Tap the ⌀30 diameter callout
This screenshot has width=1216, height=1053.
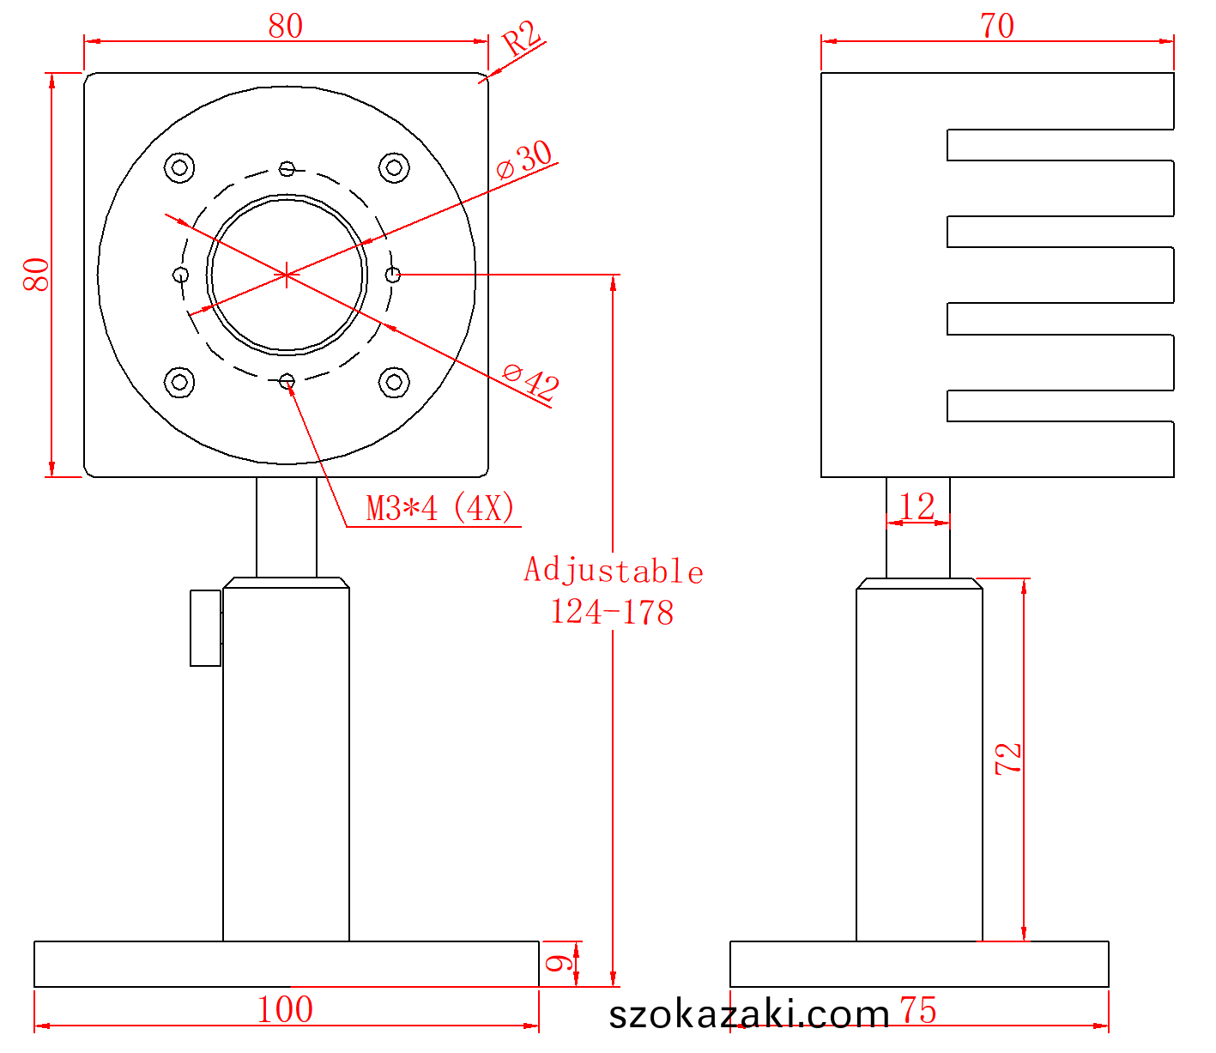pyautogui.click(x=524, y=159)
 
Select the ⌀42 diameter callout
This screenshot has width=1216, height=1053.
pyautogui.click(x=530, y=381)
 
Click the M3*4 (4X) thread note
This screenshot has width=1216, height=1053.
pyautogui.click(x=440, y=508)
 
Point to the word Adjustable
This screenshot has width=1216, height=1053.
pyautogui.click(x=614, y=571)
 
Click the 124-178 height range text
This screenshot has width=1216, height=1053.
pyautogui.click(x=612, y=612)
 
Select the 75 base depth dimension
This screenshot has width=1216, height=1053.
pyautogui.click(x=917, y=1010)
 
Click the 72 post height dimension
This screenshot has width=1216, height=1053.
pyautogui.click(x=1008, y=758)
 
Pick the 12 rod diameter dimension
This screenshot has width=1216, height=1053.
pyautogui.click(x=917, y=506)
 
